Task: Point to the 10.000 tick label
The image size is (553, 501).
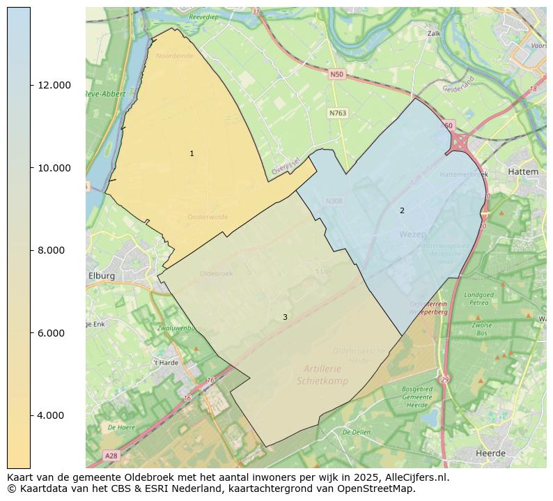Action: [x=54, y=168]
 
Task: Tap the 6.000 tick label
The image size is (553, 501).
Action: [x=54, y=333]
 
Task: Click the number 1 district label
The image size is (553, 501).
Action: [x=192, y=153]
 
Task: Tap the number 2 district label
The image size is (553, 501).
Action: [x=402, y=210]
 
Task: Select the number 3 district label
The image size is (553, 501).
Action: [x=285, y=317]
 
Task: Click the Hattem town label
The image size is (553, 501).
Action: [x=523, y=171]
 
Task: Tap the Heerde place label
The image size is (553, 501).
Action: [x=490, y=453]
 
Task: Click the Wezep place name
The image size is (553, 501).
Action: [x=412, y=235]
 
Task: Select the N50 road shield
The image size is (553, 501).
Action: [x=337, y=74]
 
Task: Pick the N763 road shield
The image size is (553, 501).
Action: [x=338, y=113]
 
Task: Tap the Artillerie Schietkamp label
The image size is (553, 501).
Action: [x=323, y=375]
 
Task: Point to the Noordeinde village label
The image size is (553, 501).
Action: [x=175, y=56]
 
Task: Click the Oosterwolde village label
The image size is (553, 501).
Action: [x=208, y=217]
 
